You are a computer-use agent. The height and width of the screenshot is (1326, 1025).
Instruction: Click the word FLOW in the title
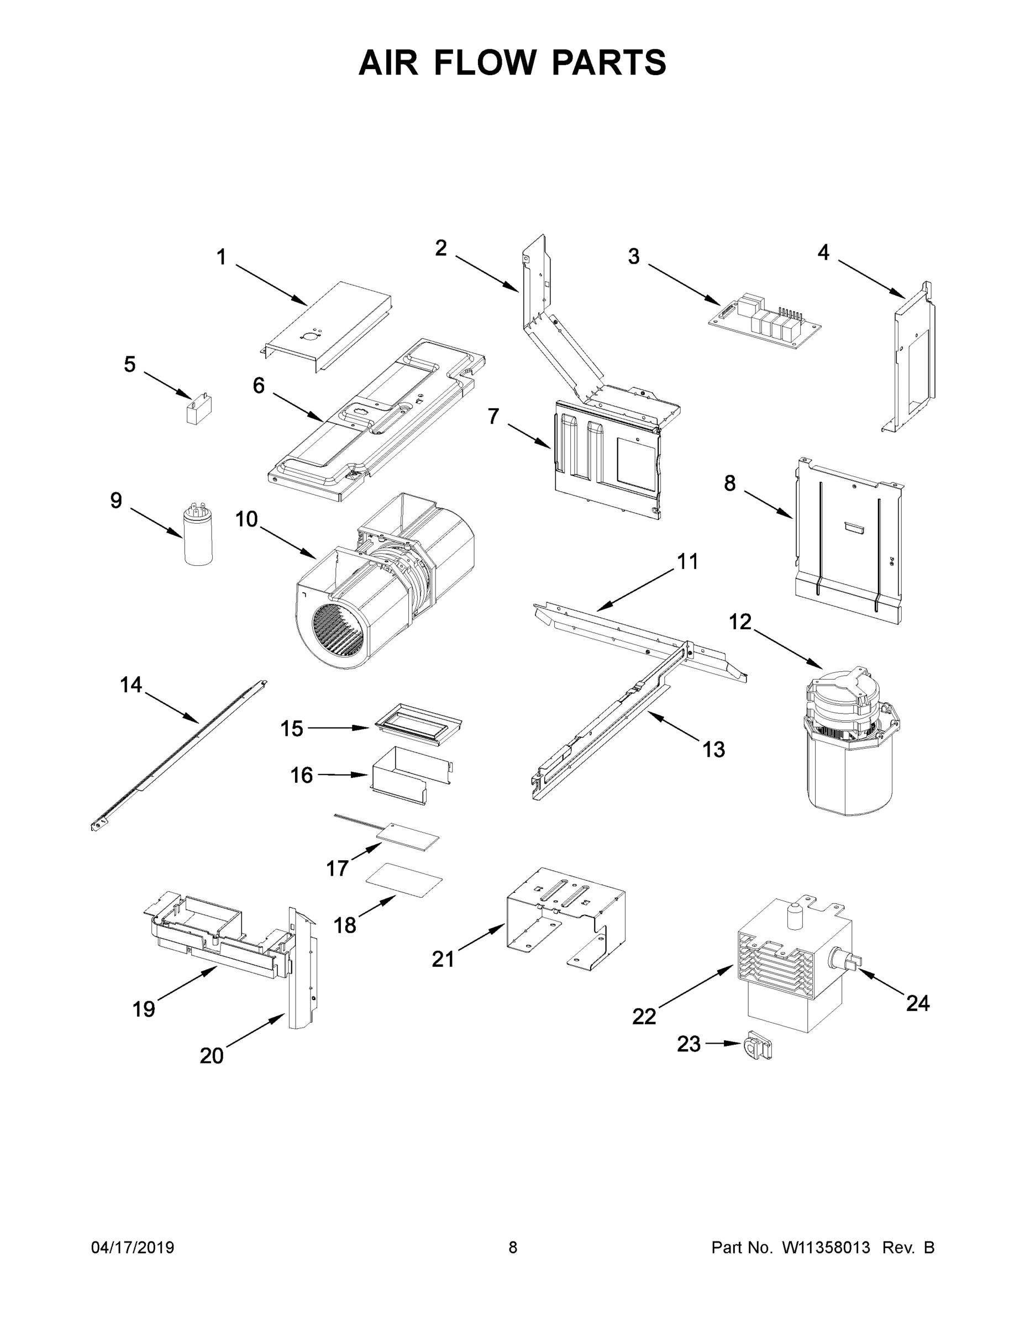point(486,62)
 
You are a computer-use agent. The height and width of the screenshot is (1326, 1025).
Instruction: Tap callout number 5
point(129,364)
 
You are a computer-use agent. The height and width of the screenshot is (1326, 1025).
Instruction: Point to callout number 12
point(740,622)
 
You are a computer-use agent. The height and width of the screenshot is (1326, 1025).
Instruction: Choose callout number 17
point(337,868)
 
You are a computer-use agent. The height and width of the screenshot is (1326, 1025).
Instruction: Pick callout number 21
point(443,959)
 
